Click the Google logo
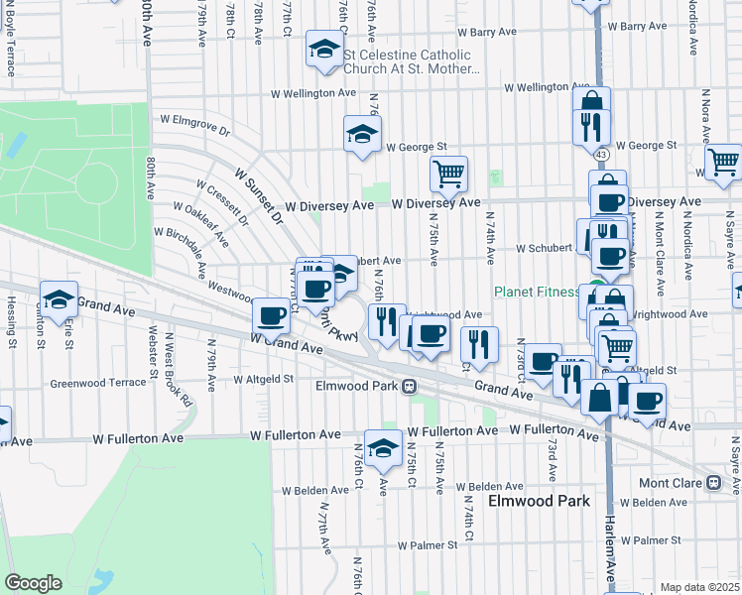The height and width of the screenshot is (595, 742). pyautogui.click(x=34, y=583)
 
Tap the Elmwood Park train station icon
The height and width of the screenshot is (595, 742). pyautogui.click(x=409, y=386)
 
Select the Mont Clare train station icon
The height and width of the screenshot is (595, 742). pyautogui.click(x=712, y=483)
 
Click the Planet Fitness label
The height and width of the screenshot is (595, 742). pyautogui.click(x=537, y=292)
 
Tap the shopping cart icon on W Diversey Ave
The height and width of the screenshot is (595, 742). pyautogui.click(x=448, y=176)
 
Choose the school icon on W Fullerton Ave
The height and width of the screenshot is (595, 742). pyautogui.click(x=383, y=447)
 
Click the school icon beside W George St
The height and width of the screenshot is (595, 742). pyautogui.click(x=362, y=134)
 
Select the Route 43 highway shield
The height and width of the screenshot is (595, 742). pyautogui.click(x=602, y=155)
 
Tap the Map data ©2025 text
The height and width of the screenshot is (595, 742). pyautogui.click(x=699, y=587)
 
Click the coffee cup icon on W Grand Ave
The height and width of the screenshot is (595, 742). pyautogui.click(x=271, y=316)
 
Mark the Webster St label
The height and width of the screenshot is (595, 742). pyautogui.click(x=154, y=350)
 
